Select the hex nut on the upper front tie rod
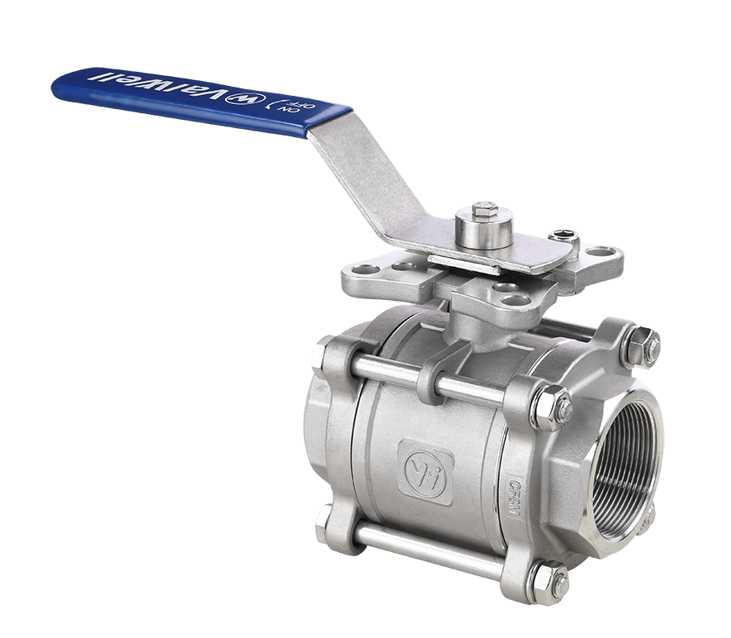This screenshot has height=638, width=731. (x=548, y=406)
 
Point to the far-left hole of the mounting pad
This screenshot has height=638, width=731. (x=359, y=269)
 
